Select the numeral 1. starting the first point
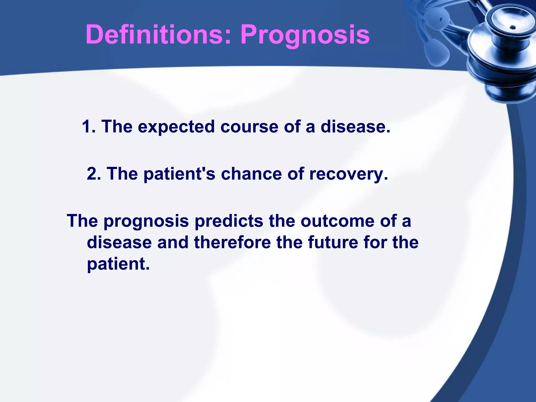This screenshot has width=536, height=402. [89, 126]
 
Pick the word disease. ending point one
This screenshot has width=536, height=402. [355, 126]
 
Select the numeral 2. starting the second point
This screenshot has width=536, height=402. [94, 174]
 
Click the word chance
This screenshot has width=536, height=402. [251, 174]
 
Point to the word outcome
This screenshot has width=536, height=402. [337, 221]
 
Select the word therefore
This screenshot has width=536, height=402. [232, 242]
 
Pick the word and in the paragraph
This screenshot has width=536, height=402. [173, 242]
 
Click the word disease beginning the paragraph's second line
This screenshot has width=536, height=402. [119, 242]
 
